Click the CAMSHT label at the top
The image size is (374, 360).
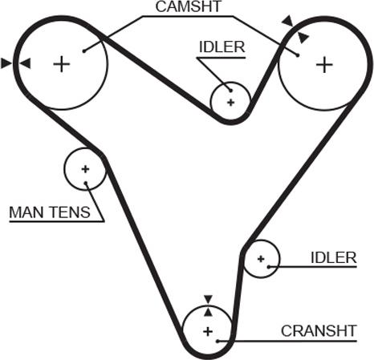(x=189, y=6)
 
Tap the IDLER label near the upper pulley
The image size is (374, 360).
(x=222, y=47)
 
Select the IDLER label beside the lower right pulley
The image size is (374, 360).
(x=334, y=258)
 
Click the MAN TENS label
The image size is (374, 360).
(x=50, y=212)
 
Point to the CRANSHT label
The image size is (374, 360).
(x=319, y=331)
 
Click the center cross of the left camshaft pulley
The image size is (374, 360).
(x=62, y=64)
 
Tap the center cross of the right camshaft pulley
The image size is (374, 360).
(x=324, y=65)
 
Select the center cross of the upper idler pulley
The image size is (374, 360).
(x=230, y=102)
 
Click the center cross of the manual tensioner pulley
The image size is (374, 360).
(x=85, y=169)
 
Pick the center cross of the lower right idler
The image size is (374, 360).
(x=261, y=259)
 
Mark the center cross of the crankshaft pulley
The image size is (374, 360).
(x=208, y=332)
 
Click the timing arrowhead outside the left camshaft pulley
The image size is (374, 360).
(x=6, y=63)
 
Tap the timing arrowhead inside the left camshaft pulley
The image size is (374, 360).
(x=26, y=63)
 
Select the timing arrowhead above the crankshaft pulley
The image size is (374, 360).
(x=208, y=299)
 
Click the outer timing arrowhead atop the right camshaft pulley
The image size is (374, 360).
(x=288, y=21)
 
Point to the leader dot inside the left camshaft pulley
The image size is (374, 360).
(x=83, y=51)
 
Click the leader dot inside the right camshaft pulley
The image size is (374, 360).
(x=297, y=55)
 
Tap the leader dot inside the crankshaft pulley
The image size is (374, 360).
(x=218, y=341)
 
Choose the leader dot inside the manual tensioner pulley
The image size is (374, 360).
(x=86, y=183)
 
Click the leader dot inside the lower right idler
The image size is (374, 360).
(x=269, y=266)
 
